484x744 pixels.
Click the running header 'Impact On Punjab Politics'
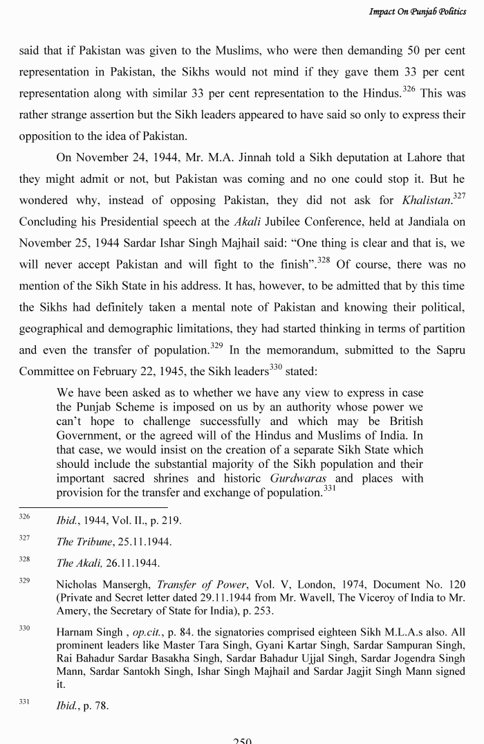point(417,12)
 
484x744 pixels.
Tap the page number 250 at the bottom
point(242,741)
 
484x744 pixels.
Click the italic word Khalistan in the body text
point(427,201)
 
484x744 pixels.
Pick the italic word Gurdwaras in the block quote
point(298,478)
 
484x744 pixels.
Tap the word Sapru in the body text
point(448,350)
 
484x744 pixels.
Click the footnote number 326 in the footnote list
point(24,517)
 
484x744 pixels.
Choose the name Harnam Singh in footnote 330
point(84,632)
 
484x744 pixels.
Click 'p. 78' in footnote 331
point(95,706)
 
